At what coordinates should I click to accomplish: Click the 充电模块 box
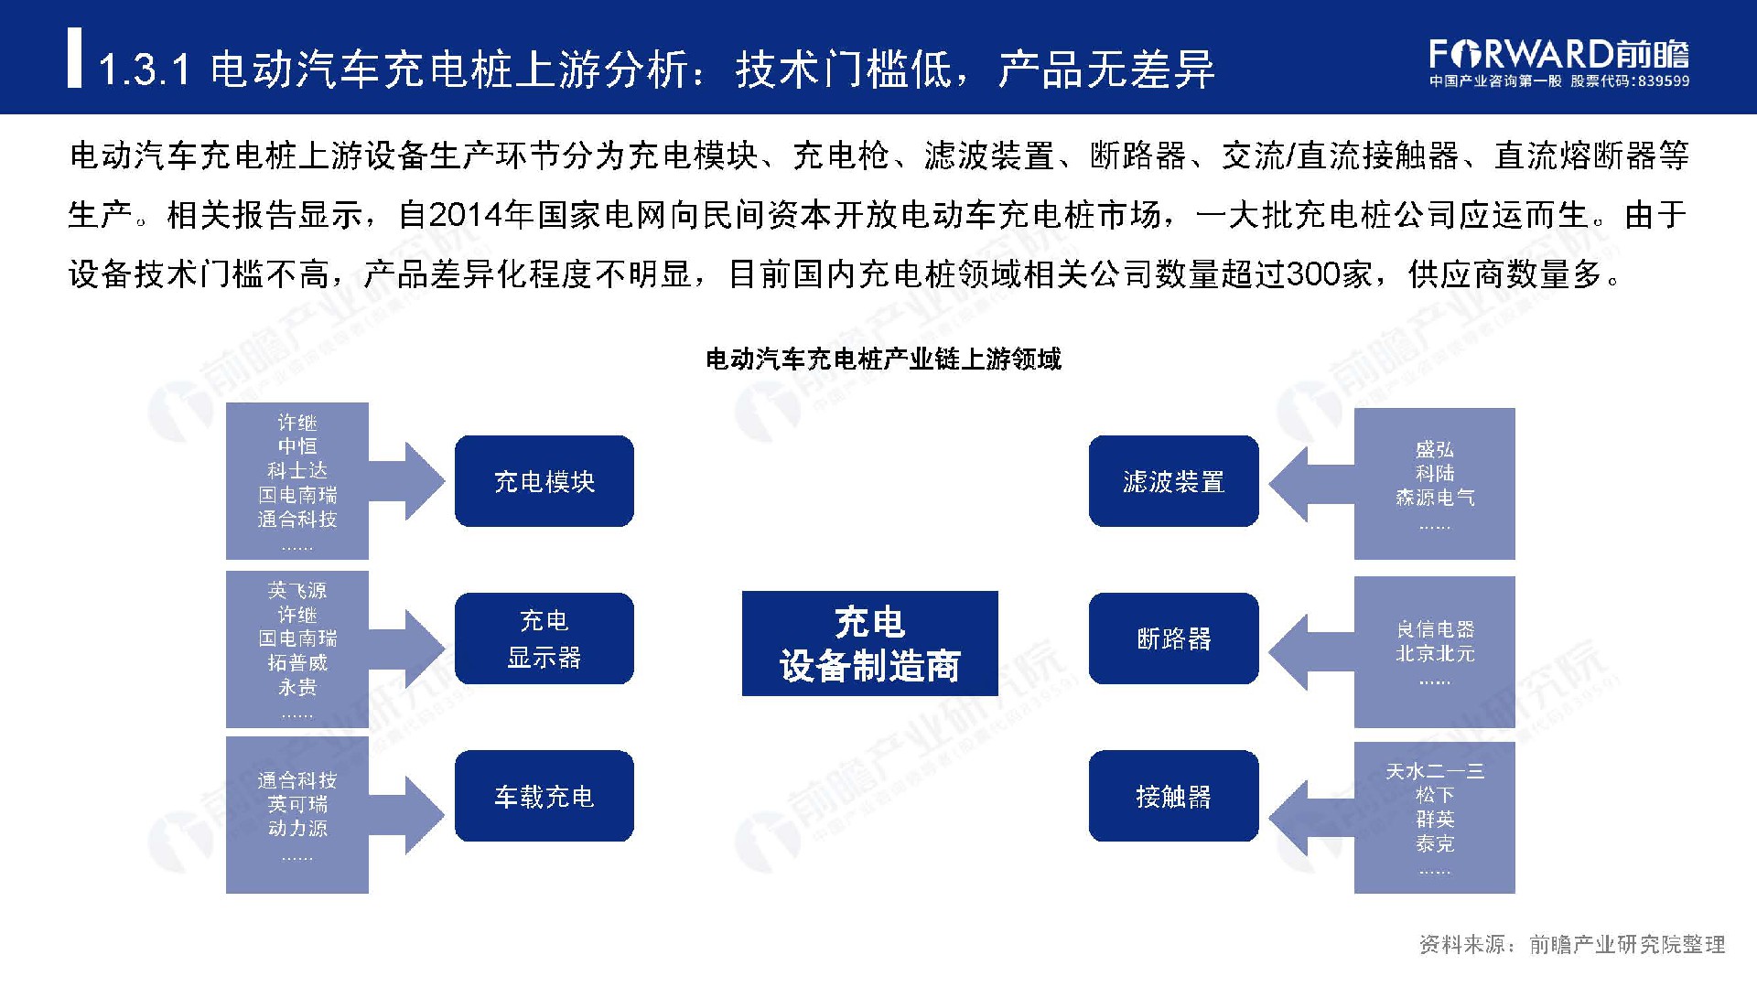544,481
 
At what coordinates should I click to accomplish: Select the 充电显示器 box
544,638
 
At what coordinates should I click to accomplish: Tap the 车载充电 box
544,796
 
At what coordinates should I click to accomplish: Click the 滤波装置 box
1174,481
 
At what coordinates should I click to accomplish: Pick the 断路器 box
1174,638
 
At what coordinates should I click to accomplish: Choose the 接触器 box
1174,796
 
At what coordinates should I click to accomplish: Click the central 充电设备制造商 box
869,643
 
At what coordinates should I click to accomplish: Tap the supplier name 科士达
297,470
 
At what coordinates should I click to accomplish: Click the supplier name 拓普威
297,662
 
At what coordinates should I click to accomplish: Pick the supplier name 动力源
297,828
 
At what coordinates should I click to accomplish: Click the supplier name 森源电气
1435,497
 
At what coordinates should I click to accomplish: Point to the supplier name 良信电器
1435,629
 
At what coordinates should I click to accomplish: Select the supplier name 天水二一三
1435,771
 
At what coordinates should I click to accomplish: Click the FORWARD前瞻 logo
1559,61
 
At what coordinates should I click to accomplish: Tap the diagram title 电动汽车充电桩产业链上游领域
883,359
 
